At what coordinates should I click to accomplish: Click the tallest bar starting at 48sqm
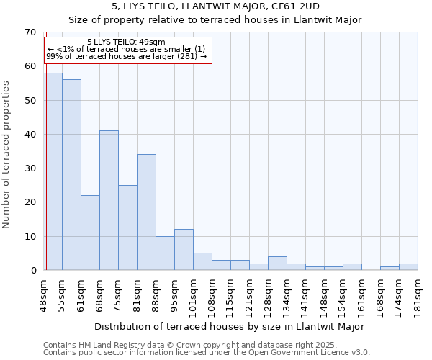point(53,171)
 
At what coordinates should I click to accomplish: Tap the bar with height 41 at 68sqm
point(109,200)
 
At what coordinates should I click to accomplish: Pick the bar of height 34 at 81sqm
point(146,212)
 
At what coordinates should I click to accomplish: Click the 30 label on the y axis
point(30,168)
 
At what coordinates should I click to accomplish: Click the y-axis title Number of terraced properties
point(6,155)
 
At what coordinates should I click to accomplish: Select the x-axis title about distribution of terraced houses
point(229,327)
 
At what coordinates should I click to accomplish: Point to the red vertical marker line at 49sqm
point(45,180)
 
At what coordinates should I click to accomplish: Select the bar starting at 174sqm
point(390,269)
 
